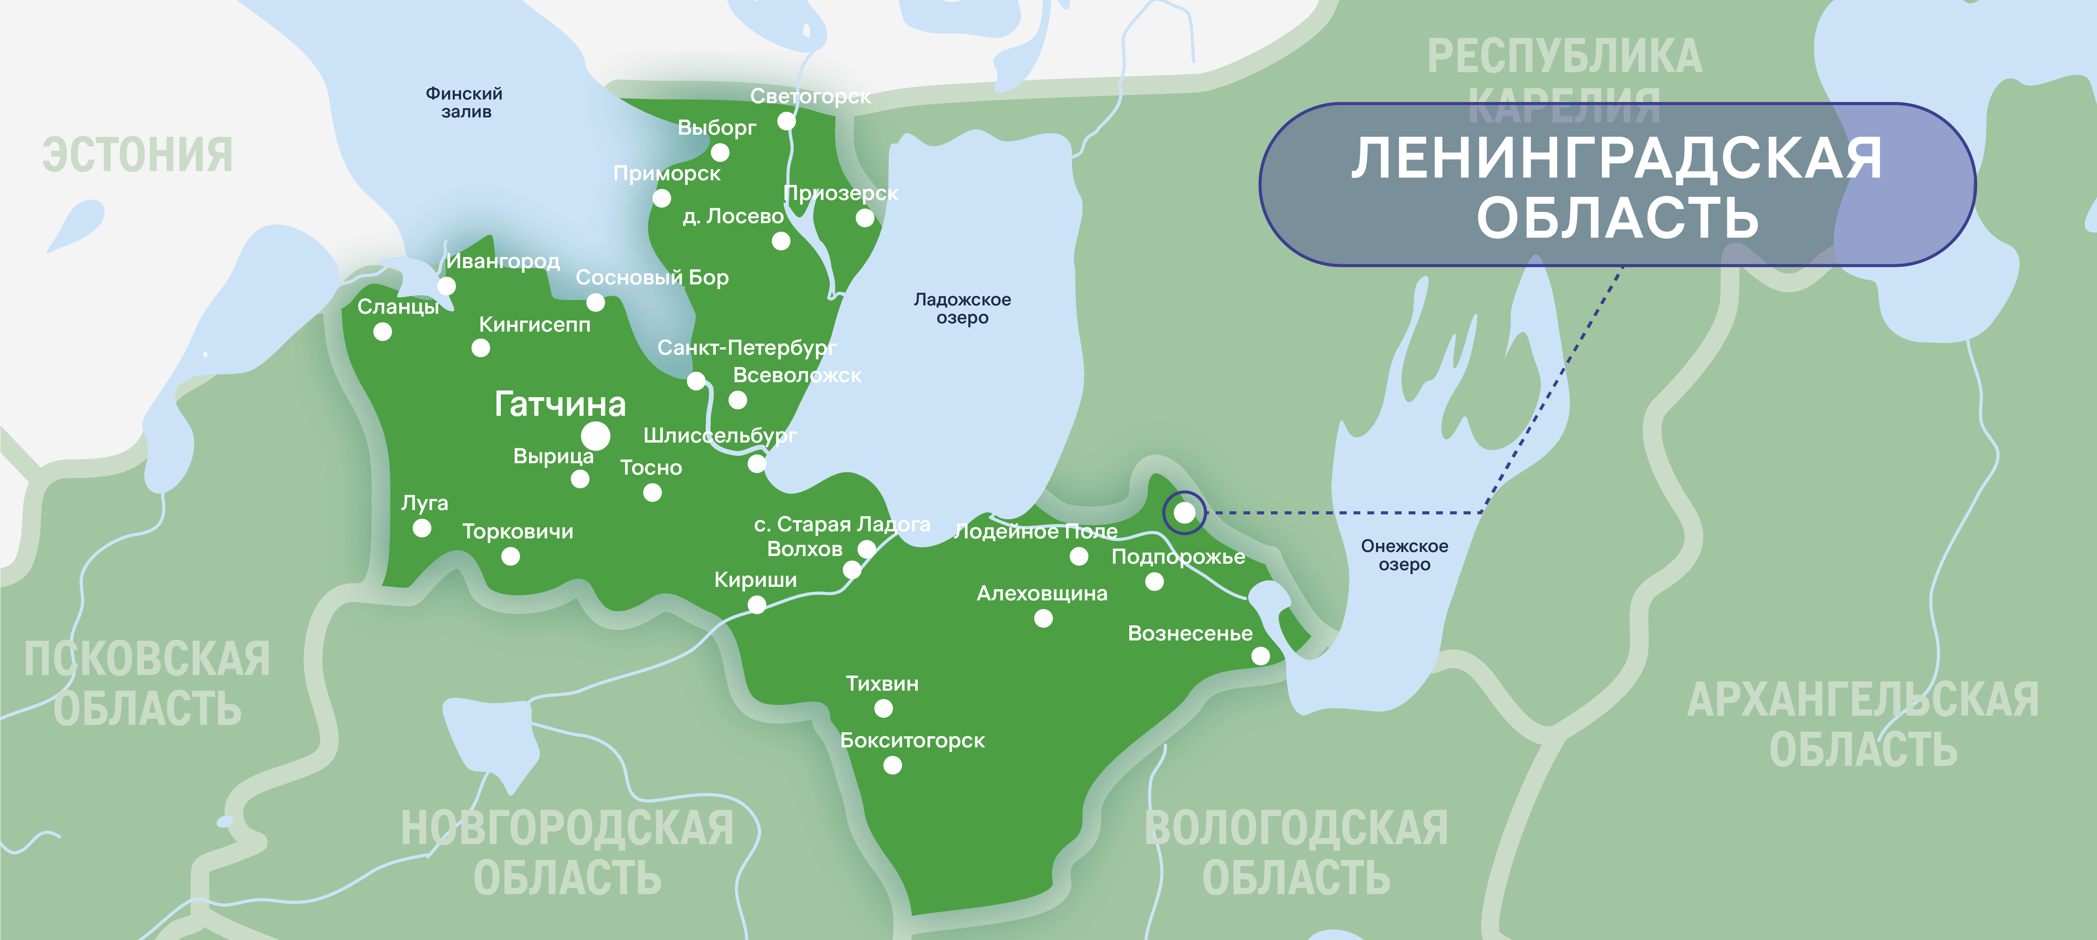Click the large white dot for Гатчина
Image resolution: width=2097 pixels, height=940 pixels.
click(x=595, y=436)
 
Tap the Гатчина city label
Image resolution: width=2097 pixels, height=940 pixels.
click(x=560, y=404)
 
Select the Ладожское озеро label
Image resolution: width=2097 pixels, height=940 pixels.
click(x=962, y=309)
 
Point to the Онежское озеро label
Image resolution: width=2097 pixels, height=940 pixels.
click(x=1404, y=555)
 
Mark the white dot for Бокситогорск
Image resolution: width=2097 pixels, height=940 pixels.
click(x=892, y=765)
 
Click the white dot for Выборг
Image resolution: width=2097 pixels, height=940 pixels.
click(x=720, y=152)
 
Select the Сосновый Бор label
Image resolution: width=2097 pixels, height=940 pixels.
click(x=652, y=277)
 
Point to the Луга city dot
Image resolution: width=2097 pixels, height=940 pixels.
click(x=422, y=528)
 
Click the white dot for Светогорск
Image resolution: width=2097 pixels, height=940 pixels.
click(x=786, y=121)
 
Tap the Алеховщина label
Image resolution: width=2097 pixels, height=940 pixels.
click(x=1042, y=593)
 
